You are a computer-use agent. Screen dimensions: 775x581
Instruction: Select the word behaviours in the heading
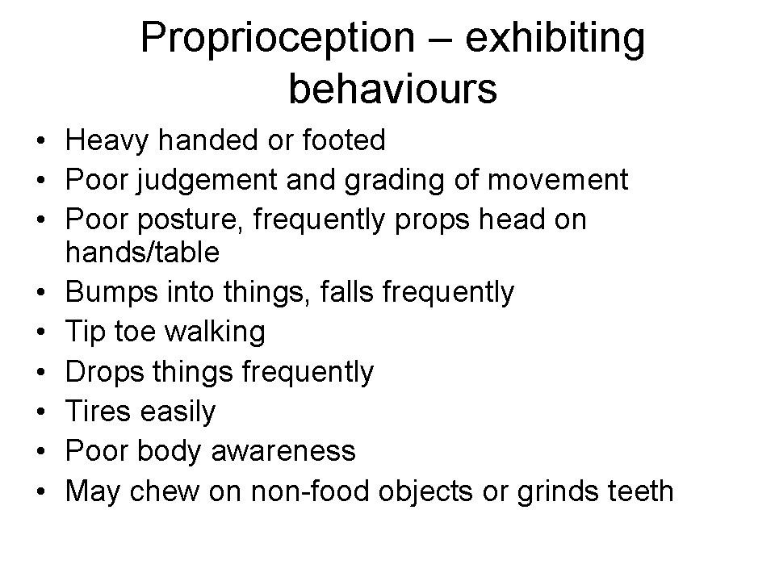click(x=393, y=89)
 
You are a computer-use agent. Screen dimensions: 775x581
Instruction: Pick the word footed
click(x=344, y=140)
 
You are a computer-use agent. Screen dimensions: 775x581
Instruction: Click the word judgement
click(x=207, y=181)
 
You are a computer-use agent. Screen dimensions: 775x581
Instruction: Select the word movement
click(x=558, y=180)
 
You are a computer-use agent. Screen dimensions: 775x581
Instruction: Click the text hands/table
click(x=142, y=252)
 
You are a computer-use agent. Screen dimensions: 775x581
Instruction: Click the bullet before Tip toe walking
click(x=41, y=332)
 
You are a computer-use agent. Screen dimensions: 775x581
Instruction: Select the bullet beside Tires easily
click(x=41, y=412)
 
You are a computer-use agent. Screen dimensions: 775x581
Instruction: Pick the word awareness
click(x=283, y=452)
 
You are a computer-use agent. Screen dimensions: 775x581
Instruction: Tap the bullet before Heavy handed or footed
click(x=41, y=140)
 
